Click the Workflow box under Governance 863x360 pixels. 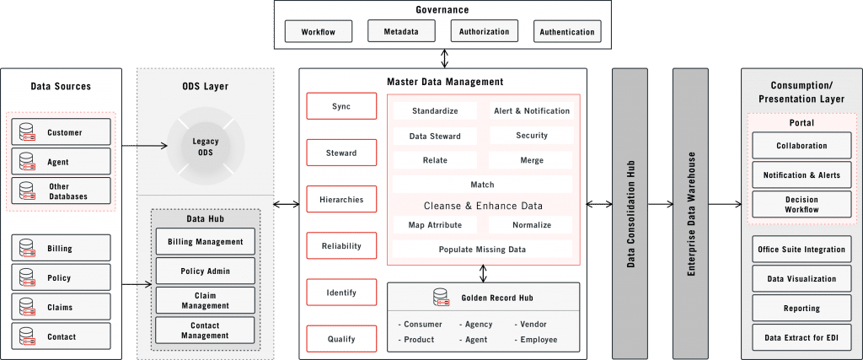[318, 32]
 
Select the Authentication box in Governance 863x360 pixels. [567, 32]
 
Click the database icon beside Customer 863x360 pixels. [27, 132]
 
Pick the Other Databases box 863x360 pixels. [61, 190]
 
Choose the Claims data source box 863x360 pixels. [61, 307]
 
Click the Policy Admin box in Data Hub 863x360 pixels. [205, 271]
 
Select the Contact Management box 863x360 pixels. [205, 330]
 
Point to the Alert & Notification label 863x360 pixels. [531, 110]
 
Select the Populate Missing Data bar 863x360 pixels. [481, 250]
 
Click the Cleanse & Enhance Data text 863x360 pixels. [482, 205]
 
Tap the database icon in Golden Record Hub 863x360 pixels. [440, 298]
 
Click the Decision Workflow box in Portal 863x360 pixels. [801, 205]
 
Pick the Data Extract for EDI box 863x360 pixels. [801, 338]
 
